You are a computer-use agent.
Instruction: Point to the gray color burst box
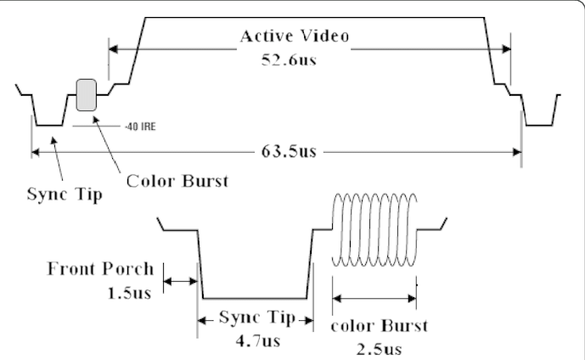point(87,93)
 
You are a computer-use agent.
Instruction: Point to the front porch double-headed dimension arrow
point(179,280)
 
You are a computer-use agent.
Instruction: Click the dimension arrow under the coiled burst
point(374,298)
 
